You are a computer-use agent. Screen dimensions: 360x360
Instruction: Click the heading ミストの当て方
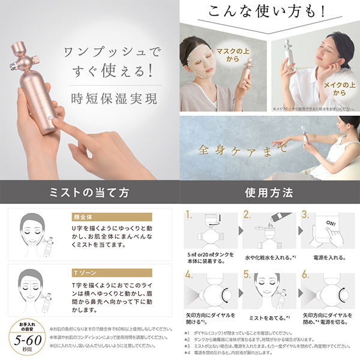click(90, 193)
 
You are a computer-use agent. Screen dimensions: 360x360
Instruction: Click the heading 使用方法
click(269, 193)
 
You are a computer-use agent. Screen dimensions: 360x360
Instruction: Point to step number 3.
click(305, 214)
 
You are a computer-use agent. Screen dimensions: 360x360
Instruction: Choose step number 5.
click(247, 277)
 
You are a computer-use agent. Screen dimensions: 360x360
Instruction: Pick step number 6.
click(305, 277)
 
